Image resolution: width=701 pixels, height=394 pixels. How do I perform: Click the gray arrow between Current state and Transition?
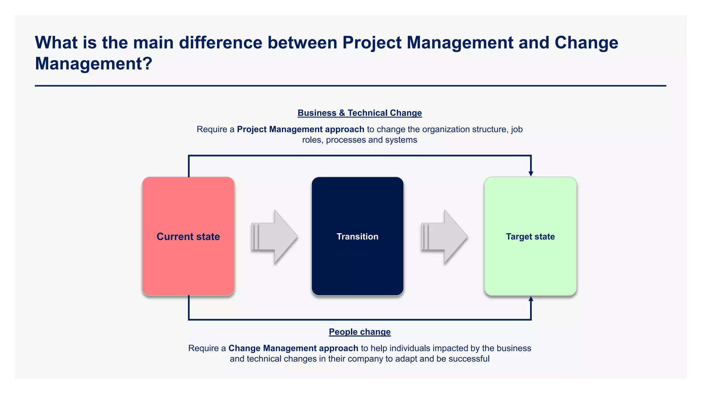pyautogui.click(x=275, y=237)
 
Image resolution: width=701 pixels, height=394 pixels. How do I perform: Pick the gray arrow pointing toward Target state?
pyautogui.click(x=444, y=237)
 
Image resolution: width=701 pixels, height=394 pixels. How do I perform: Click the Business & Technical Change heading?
pyautogui.click(x=359, y=113)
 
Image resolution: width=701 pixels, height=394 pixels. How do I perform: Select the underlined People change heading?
pyautogui.click(x=359, y=332)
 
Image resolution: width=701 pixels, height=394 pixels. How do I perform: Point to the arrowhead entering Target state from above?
pyautogui.click(x=531, y=173)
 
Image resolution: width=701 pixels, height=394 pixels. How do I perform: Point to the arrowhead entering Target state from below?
pyautogui.click(x=531, y=299)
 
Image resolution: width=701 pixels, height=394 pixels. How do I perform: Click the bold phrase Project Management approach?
pyautogui.click(x=300, y=129)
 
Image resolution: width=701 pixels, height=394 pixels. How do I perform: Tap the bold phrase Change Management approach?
pyautogui.click(x=293, y=348)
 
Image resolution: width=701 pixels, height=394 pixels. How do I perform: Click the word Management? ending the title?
pyautogui.click(x=93, y=64)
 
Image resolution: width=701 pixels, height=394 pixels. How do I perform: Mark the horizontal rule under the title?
pyautogui.click(x=350, y=86)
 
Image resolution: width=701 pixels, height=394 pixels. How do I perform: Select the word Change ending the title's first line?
pyautogui.click(x=586, y=43)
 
